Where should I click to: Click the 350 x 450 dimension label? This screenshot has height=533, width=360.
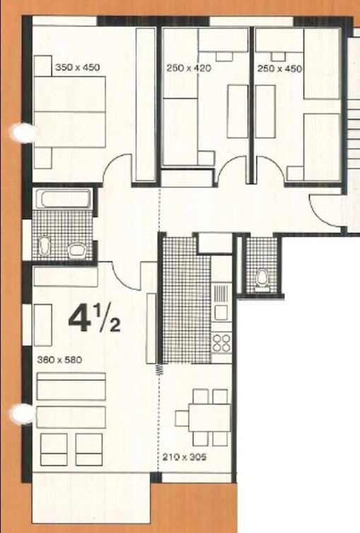click(x=78, y=68)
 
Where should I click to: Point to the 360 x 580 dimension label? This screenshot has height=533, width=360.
click(x=59, y=360)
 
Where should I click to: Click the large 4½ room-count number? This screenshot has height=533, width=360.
click(x=94, y=319)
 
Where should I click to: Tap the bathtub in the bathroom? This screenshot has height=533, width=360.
click(x=64, y=198)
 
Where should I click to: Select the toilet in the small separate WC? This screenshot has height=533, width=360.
click(x=262, y=278)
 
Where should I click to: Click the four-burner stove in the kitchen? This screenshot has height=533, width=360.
click(x=221, y=343)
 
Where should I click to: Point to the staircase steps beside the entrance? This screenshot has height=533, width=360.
click(x=352, y=127)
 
